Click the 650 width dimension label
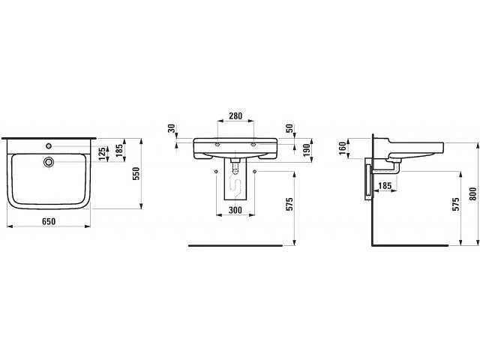tap(49, 221)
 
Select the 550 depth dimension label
tap(136, 173)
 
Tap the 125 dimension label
tap(103, 154)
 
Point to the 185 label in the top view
tap(119, 150)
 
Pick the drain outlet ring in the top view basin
tap(48, 162)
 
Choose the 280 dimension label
tap(235, 116)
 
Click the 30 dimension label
tap(172, 128)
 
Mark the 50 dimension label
tap(289, 128)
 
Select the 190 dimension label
tap(307, 150)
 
